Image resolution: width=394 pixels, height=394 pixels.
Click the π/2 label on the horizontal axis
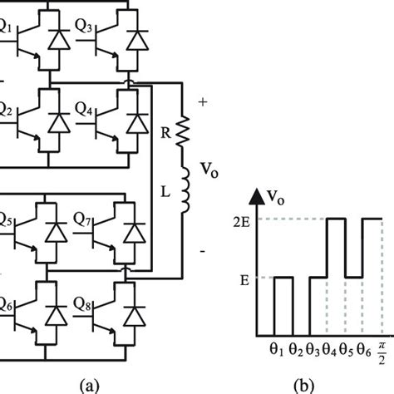point(381,350)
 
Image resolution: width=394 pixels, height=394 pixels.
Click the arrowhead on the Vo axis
point(256,196)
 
